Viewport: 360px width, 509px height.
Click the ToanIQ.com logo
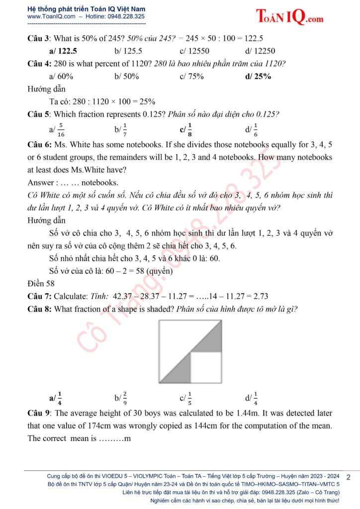tap(290, 17)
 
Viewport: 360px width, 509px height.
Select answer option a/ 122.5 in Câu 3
tap(63, 51)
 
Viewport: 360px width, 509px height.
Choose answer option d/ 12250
tap(260, 51)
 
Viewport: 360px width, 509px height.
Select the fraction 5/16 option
tap(57, 130)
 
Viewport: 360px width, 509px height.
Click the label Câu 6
tap(39, 145)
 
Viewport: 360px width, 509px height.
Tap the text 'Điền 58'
tap(41, 284)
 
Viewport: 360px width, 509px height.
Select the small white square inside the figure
tap(206, 367)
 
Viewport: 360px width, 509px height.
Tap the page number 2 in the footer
tap(348, 477)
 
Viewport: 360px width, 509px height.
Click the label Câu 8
tap(39, 309)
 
